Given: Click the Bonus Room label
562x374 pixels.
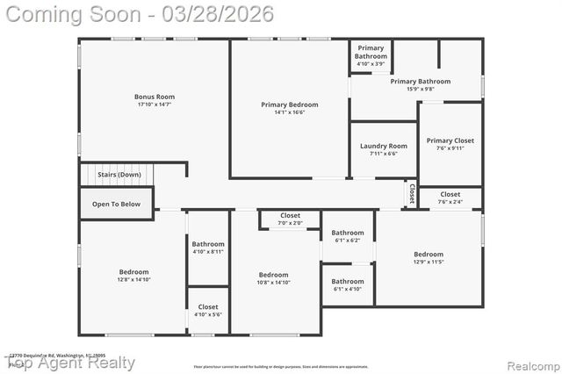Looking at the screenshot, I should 155,97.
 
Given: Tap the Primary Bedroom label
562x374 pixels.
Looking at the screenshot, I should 289,104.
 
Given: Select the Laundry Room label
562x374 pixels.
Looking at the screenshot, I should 383,146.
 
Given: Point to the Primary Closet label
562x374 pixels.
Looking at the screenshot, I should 450,140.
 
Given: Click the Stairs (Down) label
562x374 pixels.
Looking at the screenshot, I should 119,175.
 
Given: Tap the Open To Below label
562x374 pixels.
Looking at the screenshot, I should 116,204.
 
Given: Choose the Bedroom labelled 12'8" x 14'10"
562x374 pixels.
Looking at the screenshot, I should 133,272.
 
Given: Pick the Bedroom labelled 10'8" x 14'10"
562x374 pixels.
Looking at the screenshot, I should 273,275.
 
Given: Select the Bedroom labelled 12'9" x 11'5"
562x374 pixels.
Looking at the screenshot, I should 429,255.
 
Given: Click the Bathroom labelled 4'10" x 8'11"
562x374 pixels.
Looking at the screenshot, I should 208,244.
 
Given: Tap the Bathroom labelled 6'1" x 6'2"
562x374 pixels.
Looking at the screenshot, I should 347,233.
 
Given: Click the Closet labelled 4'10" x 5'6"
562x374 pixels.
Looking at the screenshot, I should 208,306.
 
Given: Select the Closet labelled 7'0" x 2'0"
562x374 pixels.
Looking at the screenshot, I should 290,215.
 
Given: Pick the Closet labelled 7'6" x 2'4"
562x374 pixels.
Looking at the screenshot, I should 450,194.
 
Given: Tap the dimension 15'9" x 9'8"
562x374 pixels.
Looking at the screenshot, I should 420,89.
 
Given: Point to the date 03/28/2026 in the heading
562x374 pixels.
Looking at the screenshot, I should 224,13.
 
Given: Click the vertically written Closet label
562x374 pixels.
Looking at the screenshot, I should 410,193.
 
